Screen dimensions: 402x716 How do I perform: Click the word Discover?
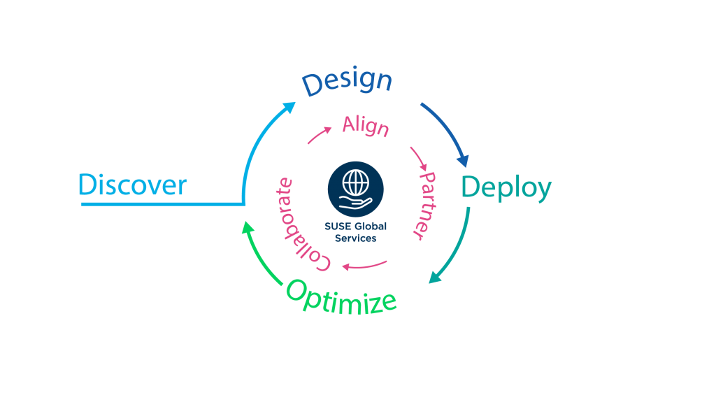132,185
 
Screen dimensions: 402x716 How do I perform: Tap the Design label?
347,81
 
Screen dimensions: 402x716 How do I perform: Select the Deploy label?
506,187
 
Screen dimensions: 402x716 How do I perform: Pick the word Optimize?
341,298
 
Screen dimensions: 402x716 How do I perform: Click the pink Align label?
365,126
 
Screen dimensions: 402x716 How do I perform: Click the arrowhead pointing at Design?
289,108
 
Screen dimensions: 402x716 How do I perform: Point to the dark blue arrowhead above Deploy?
462,160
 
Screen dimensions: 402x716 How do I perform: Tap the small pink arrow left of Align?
319,136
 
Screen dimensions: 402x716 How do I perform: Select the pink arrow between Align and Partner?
420,159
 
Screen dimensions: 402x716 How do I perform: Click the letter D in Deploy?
470,187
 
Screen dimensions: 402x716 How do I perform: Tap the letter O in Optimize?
296,288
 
